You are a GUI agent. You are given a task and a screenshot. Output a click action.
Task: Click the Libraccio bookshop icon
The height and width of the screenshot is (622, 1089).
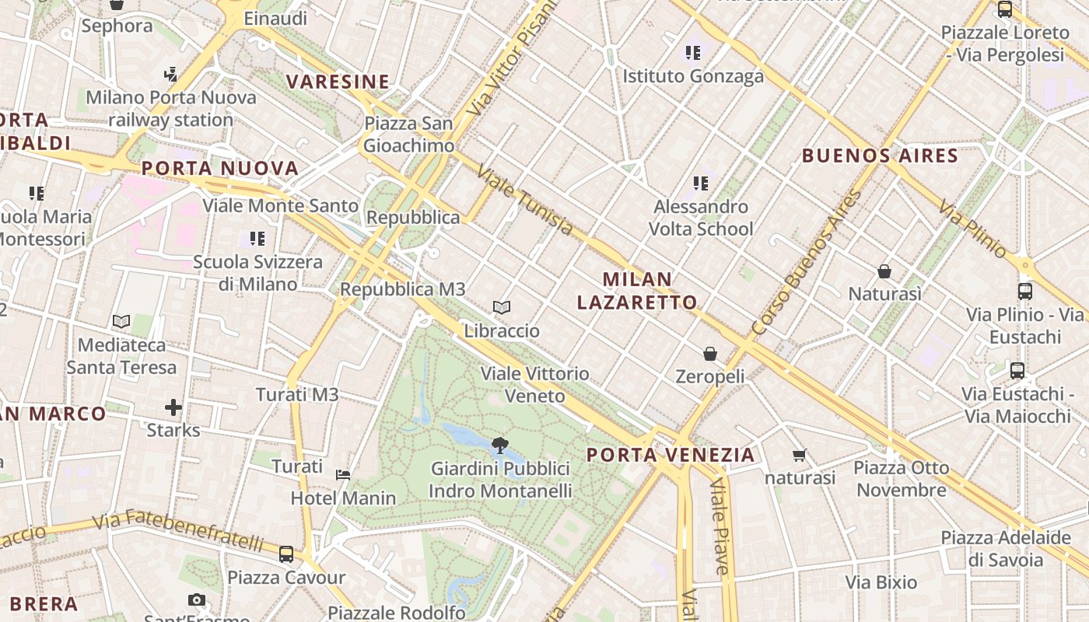tap(502, 308)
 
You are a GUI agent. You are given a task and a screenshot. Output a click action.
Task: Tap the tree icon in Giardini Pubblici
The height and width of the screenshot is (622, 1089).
tap(500, 446)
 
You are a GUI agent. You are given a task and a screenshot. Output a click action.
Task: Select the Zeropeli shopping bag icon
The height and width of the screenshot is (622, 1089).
tap(710, 355)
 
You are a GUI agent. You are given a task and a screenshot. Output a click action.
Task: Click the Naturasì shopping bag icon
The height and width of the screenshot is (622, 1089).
tap(884, 271)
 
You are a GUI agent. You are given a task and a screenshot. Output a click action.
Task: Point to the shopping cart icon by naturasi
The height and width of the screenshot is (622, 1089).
tap(799, 455)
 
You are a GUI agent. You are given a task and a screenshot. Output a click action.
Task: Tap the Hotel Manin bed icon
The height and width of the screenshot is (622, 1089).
tap(342, 474)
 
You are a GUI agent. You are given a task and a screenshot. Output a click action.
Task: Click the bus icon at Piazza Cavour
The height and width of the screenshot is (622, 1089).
tap(286, 554)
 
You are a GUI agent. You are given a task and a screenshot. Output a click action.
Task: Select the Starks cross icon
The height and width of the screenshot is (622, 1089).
tap(173, 407)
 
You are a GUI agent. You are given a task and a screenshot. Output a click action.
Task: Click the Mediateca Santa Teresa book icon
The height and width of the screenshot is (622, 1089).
tap(121, 321)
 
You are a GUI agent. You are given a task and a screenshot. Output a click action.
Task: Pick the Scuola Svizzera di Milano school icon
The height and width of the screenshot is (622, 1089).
tap(257, 239)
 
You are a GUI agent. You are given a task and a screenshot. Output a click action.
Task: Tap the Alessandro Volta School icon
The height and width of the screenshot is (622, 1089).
tap(701, 183)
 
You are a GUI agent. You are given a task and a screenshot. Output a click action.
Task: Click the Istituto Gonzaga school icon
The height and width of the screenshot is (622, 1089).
tap(693, 53)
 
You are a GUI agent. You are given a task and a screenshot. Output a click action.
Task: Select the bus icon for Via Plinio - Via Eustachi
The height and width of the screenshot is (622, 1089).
tap(1025, 292)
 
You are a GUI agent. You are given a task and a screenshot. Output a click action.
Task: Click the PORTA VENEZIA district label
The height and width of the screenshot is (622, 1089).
tap(671, 455)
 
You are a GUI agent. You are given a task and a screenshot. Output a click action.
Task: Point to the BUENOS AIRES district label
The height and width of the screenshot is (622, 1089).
tap(880, 155)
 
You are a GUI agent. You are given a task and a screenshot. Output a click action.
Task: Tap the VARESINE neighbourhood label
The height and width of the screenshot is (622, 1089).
tap(338, 82)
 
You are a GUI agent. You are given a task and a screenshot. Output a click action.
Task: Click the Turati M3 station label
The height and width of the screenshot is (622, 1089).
tap(298, 395)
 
